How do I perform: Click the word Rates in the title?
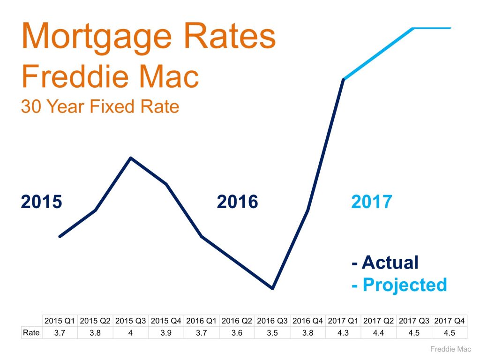click(x=227, y=37)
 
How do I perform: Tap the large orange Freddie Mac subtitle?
click(x=110, y=77)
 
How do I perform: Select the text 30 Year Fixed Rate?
click(x=100, y=107)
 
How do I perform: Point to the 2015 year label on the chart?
click(x=41, y=202)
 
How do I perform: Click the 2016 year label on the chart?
click(x=237, y=202)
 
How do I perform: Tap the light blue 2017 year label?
click(x=371, y=202)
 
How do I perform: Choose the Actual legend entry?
click(x=385, y=263)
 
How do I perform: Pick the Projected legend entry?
click(x=399, y=285)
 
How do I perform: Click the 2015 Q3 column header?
click(x=131, y=321)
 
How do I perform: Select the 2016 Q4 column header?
click(x=307, y=321)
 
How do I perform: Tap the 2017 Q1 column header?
click(x=343, y=321)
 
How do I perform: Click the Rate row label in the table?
click(x=31, y=332)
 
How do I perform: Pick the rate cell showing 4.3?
click(x=343, y=332)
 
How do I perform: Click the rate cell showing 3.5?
click(x=272, y=332)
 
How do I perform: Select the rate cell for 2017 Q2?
click(x=379, y=332)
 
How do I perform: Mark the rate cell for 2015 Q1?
click(x=60, y=332)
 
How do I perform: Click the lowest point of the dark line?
click(x=272, y=288)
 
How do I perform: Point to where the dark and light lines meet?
click(x=344, y=79)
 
